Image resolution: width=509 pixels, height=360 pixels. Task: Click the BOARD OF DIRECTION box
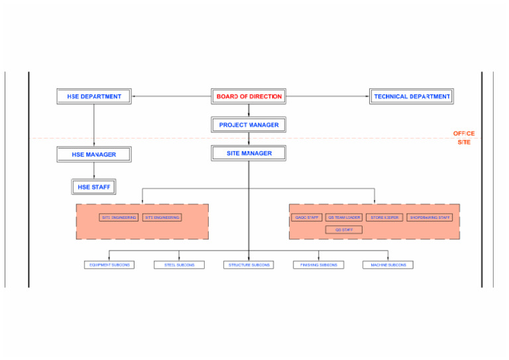(249, 97)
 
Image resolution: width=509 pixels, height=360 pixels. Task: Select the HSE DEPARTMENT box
(94, 97)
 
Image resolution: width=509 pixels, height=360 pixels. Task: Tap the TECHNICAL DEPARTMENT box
(412, 97)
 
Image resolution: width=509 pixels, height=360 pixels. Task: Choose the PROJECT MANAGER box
(249, 125)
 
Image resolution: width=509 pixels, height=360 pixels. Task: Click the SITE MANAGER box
(249, 153)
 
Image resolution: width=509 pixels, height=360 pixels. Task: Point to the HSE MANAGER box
(94, 154)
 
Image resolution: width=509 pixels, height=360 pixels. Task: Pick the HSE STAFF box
(94, 187)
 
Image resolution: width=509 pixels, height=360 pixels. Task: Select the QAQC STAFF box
(307, 217)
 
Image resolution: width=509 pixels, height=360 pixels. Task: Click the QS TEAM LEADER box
(344, 217)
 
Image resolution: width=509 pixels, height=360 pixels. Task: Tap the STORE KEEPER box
(384, 217)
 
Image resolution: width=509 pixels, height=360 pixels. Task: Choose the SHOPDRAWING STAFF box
(429, 217)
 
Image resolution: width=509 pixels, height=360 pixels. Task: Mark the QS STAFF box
(344, 230)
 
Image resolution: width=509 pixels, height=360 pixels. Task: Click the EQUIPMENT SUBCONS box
(109, 265)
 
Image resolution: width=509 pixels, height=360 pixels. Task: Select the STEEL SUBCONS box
(179, 265)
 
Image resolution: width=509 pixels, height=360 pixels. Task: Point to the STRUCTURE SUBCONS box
(249, 265)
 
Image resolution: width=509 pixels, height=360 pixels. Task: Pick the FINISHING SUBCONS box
(318, 265)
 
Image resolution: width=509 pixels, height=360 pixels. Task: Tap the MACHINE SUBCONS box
(388, 265)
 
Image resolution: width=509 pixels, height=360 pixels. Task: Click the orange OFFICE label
(464, 134)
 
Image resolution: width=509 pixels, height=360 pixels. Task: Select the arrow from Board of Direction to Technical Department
(328, 97)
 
